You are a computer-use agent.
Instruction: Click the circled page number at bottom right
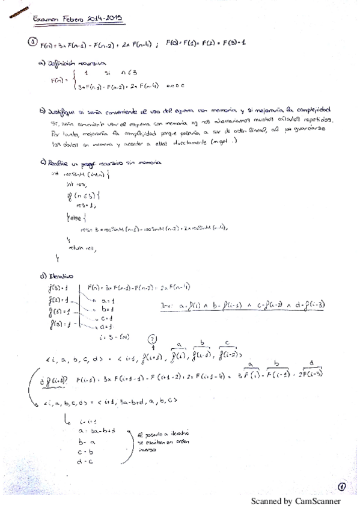coord(341,487)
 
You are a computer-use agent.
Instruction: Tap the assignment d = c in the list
coord(84,461)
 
